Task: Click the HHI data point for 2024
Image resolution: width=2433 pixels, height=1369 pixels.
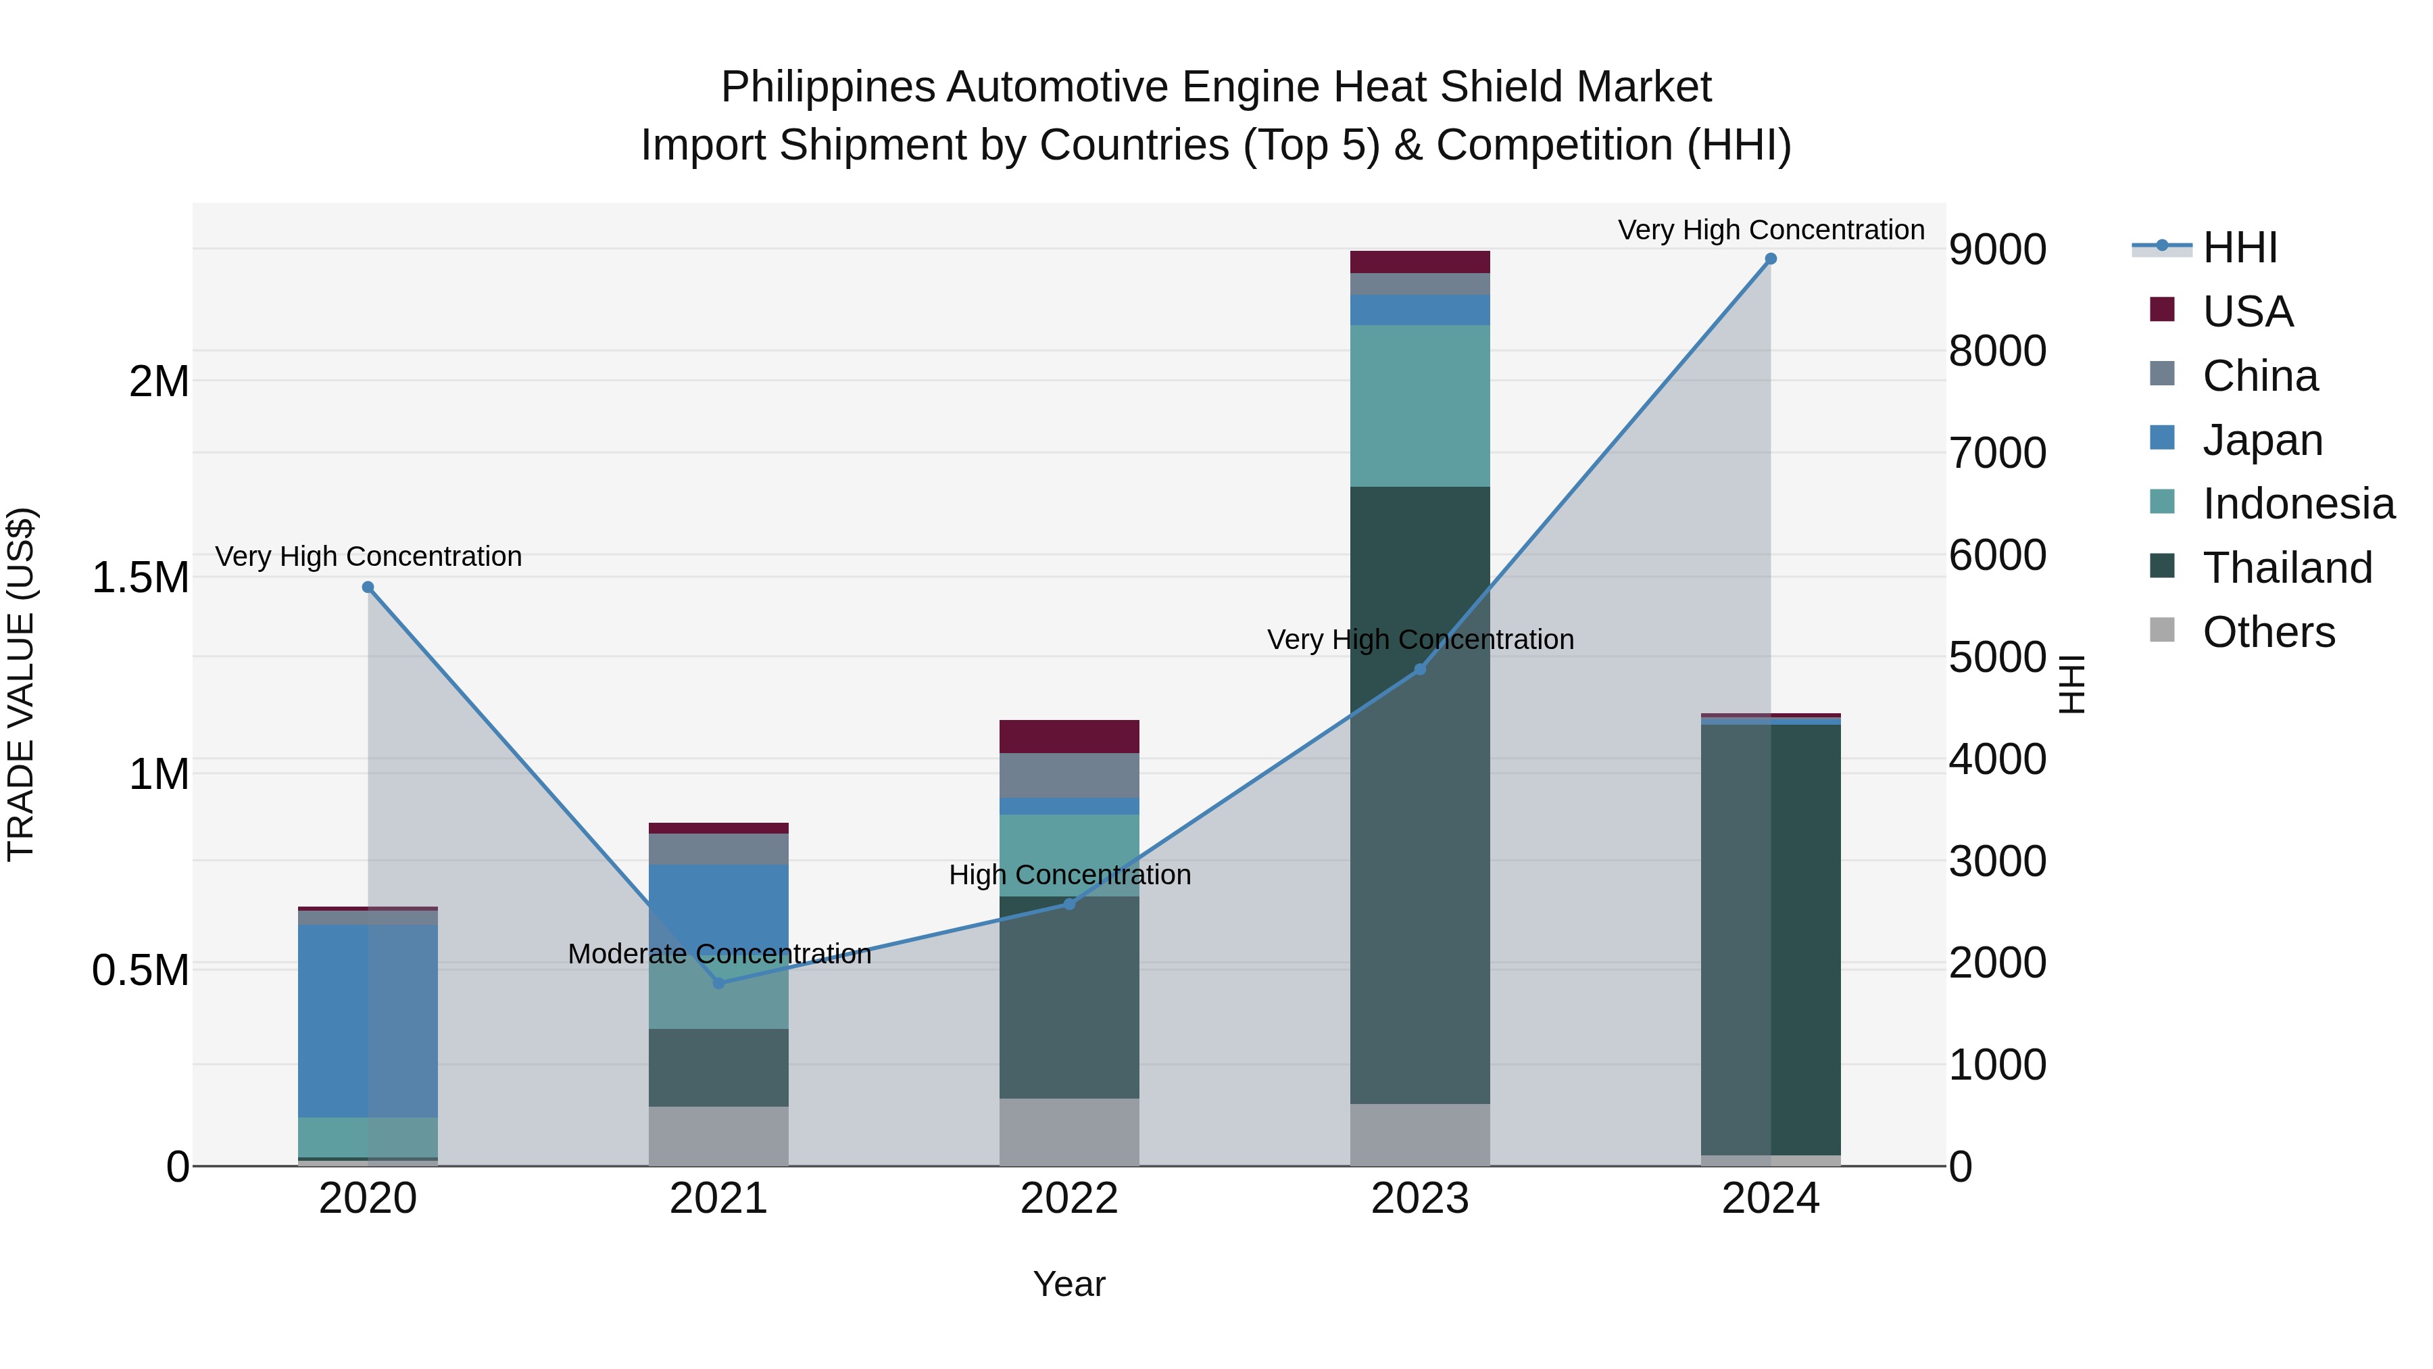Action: [x=1771, y=259]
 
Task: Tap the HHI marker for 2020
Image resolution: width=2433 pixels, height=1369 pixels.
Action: [x=368, y=587]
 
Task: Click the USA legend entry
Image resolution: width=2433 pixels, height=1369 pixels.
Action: [x=2247, y=312]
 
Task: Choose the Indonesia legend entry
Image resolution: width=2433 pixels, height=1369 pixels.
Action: [x=2298, y=504]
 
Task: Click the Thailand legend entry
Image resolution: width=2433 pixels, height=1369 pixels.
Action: [x=2286, y=568]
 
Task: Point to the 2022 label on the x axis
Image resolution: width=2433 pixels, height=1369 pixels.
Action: [x=1069, y=1199]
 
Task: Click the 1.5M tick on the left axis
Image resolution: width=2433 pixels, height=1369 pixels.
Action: [x=141, y=577]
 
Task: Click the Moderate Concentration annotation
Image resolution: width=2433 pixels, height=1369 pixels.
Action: [x=719, y=954]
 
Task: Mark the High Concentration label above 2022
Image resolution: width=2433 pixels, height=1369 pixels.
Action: [x=1069, y=875]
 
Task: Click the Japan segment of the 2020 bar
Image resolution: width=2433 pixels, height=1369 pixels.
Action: [x=368, y=1020]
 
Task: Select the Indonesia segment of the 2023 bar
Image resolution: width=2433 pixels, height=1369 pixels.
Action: [x=1419, y=406]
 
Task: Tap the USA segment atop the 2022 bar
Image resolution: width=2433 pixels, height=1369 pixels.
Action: [x=1069, y=736]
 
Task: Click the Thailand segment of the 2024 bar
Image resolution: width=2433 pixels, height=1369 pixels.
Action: [x=1771, y=940]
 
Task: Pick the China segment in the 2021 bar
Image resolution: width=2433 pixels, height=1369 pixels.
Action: [x=719, y=848]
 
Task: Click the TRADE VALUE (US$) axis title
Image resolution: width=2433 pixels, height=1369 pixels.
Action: [x=22, y=684]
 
